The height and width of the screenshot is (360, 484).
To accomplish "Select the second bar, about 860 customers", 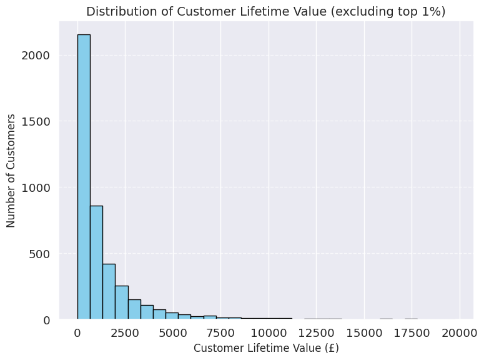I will coord(96,262).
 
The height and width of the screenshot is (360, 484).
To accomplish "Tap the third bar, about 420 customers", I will coord(109,291).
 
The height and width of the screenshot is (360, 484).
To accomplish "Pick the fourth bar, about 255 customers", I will coord(121,302).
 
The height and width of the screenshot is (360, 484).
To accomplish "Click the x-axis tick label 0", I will coord(77,333).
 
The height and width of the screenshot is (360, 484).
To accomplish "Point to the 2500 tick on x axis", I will coord(126,333).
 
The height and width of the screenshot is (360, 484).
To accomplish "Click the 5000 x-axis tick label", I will coord(173,333).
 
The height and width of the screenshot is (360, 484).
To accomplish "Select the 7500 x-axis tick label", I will coord(221,333).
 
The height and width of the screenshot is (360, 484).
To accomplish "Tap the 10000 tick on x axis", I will coord(269,333).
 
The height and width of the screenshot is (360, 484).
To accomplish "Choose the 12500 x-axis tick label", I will coord(317,333).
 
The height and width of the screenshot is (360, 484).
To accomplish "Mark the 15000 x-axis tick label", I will coord(364,333).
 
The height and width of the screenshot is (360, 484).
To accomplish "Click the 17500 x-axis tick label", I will coord(412,333).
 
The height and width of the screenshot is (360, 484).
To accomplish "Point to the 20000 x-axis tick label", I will coord(460,333).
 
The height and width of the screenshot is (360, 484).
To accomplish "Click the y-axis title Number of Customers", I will coord(11,170).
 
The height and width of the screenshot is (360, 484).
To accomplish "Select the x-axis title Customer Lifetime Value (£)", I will coord(266,348).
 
